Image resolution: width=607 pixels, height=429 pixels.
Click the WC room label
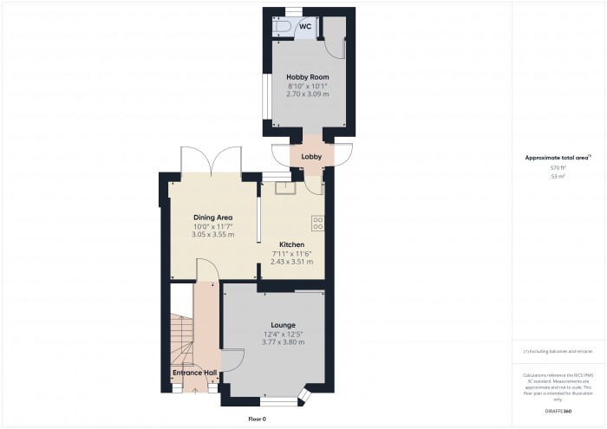coord(305,27)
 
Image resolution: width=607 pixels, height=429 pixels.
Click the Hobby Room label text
coord(303,77)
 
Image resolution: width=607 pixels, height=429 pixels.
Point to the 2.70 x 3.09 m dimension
coord(303,93)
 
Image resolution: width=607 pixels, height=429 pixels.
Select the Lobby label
coord(311,157)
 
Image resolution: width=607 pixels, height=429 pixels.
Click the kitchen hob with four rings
coord(317,223)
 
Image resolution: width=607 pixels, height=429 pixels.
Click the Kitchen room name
coord(290,244)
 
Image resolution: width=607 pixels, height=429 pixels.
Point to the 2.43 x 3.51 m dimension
coord(291,261)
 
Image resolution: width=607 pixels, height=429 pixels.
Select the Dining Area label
coord(212,218)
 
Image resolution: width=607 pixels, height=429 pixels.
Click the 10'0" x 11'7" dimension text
coord(212,226)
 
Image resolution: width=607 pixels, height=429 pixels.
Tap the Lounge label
coord(283,325)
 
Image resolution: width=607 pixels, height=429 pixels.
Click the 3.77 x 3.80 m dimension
coord(283,341)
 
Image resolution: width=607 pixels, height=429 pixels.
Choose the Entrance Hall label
coord(194,373)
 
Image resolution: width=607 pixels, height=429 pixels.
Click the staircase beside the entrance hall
coord(180,342)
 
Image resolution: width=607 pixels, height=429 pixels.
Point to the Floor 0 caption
coord(257,419)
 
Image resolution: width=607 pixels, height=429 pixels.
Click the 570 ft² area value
coord(558,167)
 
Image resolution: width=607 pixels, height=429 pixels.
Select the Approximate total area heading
coord(558,158)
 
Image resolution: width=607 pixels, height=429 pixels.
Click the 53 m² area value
coord(558,176)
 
